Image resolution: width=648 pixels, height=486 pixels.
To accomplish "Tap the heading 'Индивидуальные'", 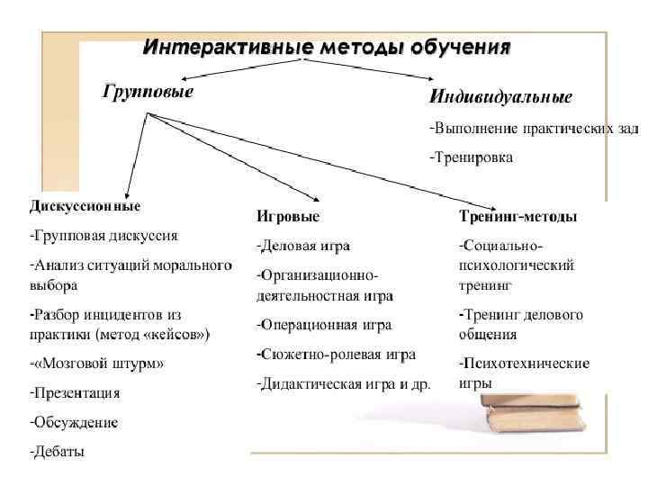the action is coord(500,95).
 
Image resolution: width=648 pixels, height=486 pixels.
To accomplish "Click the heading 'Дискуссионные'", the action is coord(85,205).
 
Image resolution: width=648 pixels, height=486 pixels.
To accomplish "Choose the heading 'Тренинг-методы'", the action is coord(518,217).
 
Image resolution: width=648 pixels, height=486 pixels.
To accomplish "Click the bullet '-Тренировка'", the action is coord(471,157).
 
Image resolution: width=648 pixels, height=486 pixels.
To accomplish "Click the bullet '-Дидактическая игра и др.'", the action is coord(344,383).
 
